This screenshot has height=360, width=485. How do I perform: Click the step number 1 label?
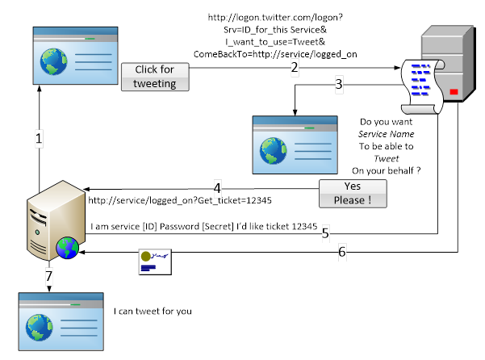39,139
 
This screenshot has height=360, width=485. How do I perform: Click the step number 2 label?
295,68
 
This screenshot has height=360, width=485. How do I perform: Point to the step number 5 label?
325,233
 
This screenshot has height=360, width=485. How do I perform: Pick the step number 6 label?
342,252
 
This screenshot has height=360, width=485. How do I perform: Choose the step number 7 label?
48,276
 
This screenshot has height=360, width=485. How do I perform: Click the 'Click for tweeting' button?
155,77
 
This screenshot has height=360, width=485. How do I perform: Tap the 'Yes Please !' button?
353,192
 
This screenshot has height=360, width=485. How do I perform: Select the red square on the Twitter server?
453,93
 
